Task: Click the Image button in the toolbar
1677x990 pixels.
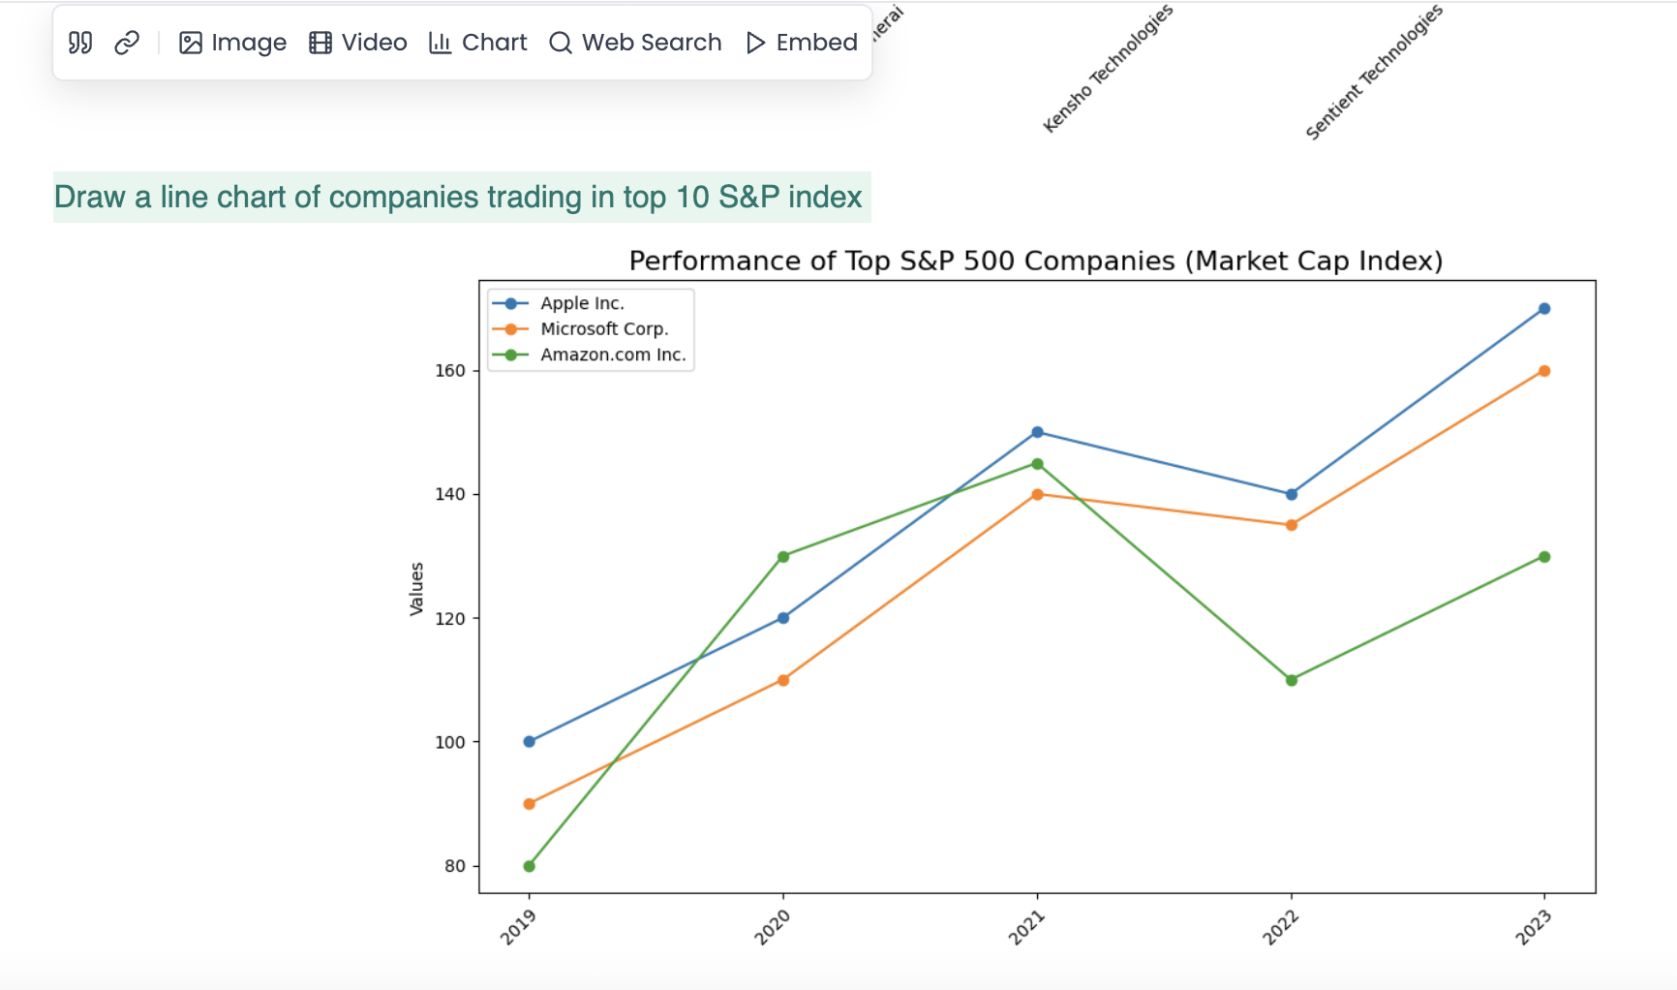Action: coord(233,43)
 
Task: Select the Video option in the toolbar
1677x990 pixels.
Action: coord(358,43)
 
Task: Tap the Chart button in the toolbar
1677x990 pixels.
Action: coord(478,43)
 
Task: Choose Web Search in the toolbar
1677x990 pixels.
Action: coord(635,43)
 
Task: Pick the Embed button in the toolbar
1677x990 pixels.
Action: coord(802,43)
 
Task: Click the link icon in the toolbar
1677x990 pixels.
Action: coord(127,43)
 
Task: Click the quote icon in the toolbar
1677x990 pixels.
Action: coord(80,43)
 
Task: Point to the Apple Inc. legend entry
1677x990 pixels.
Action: coord(582,303)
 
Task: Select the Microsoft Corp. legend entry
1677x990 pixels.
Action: coord(604,329)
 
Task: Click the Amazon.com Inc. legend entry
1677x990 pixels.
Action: coord(613,355)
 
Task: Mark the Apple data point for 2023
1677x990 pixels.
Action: coord(1544,309)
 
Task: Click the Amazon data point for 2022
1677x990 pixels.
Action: coord(1291,680)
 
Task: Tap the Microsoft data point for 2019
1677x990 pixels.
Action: coord(529,804)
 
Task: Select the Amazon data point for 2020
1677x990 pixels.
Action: coord(783,557)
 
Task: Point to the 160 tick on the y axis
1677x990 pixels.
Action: coord(450,371)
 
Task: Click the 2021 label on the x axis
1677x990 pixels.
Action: coord(1026,928)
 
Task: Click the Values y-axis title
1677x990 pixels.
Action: coord(417,589)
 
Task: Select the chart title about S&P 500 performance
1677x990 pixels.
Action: coord(1035,261)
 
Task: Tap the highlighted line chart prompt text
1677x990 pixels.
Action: coord(458,198)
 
